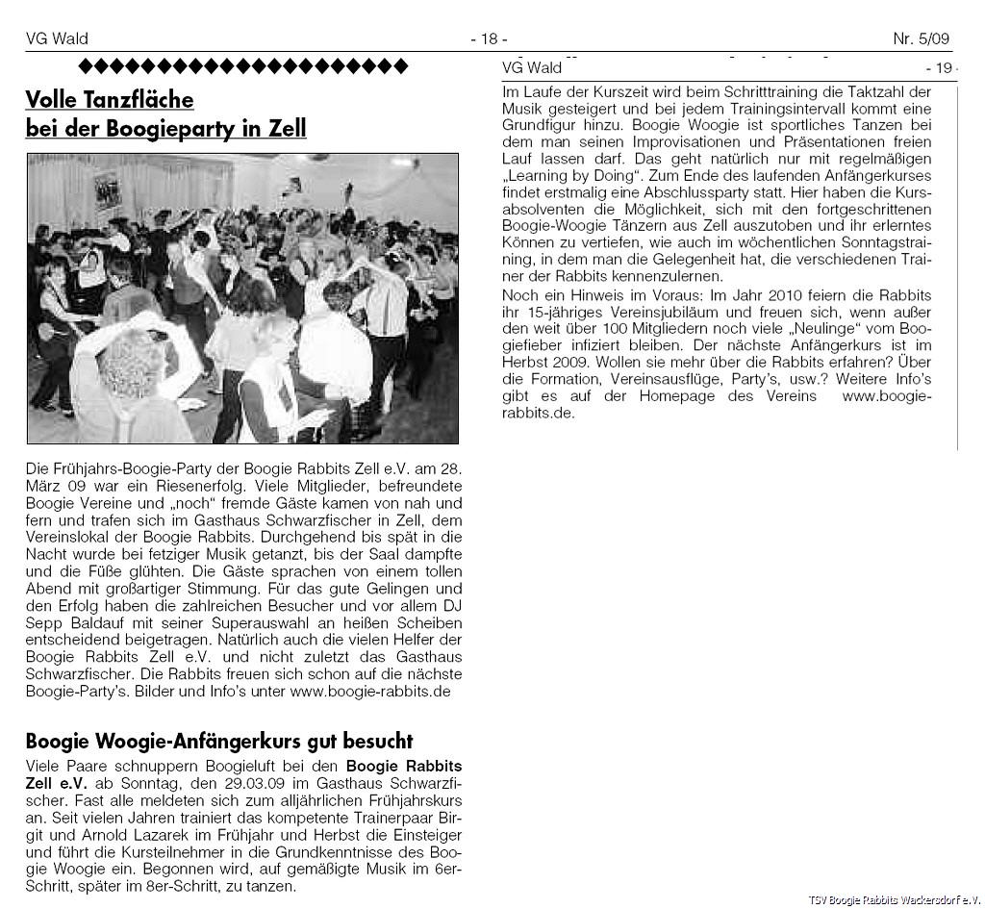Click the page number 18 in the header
(489, 38)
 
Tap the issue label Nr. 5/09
(921, 38)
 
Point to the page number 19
(940, 68)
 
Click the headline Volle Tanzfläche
(110, 100)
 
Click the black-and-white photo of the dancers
(242, 298)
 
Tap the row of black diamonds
(242, 66)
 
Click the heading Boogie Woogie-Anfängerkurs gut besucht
(218, 741)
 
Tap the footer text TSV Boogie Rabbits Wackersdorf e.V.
(893, 899)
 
